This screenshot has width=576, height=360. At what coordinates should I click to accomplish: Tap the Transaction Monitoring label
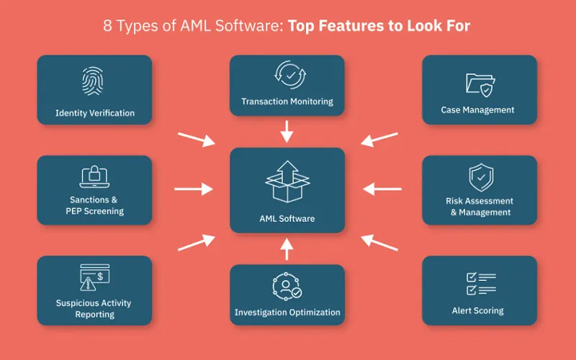(x=287, y=102)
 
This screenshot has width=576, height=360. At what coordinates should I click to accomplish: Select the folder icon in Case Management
(x=479, y=83)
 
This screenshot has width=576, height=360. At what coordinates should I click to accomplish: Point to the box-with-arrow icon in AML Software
(x=287, y=181)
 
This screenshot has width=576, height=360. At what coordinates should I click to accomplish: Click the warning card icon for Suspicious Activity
(x=94, y=277)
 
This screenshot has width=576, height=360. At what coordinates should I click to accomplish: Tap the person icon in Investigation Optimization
(x=287, y=286)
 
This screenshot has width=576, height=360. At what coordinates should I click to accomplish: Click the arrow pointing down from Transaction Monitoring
(x=287, y=131)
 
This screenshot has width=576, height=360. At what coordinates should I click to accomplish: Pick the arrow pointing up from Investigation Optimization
(x=287, y=248)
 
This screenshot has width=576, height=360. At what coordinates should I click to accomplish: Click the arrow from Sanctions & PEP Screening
(x=194, y=189)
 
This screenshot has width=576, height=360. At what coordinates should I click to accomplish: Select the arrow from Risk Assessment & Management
(x=382, y=189)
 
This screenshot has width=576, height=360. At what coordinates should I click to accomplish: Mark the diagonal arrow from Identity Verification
(x=196, y=138)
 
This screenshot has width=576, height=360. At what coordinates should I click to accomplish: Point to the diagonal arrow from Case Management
(x=379, y=138)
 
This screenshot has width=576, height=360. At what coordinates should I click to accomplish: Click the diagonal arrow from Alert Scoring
(x=379, y=242)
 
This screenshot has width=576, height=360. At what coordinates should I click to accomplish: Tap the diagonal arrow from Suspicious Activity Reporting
(x=196, y=242)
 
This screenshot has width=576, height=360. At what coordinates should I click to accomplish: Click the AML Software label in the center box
(x=287, y=218)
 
